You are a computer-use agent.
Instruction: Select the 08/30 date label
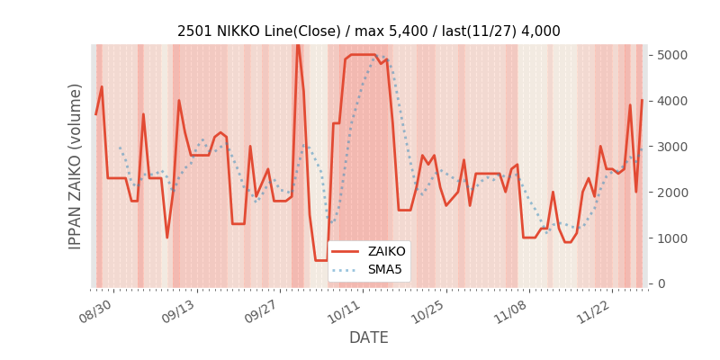(95, 310)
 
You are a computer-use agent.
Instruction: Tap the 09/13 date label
(178, 310)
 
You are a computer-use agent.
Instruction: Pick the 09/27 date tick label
(262, 310)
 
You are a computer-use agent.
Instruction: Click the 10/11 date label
(345, 310)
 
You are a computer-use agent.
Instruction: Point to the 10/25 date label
(428, 310)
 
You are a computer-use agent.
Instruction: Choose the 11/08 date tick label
(511, 310)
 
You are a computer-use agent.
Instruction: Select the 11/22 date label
(595, 310)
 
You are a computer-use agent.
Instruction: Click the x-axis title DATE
(369, 337)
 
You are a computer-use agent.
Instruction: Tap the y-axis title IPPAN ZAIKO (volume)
(76, 166)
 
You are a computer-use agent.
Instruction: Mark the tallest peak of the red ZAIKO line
(298, 42)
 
